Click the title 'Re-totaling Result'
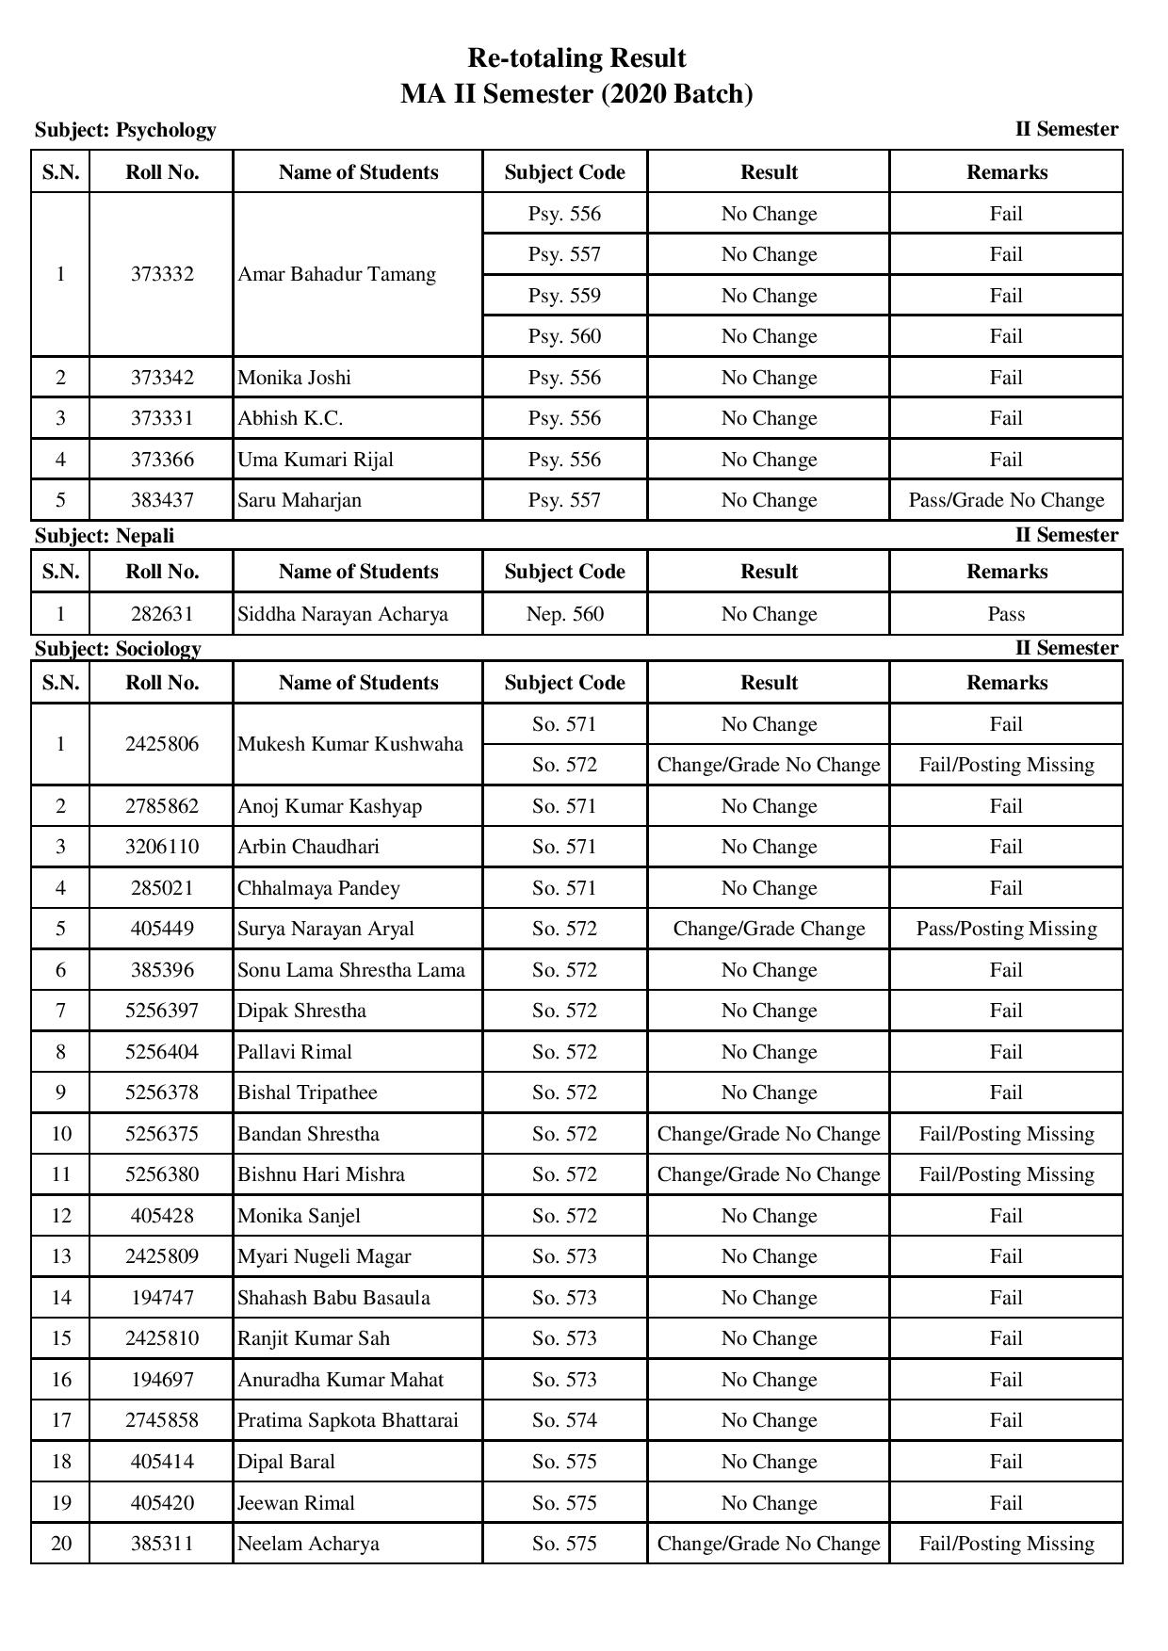pyautogui.click(x=576, y=58)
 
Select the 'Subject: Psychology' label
pyautogui.click(x=125, y=130)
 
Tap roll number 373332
pyautogui.click(x=162, y=274)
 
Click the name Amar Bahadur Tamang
pyautogui.click(x=336, y=274)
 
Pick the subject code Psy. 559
pyautogui.click(x=564, y=296)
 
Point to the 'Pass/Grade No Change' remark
pyautogui.click(x=1006, y=500)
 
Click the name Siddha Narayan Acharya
pyautogui.click(x=343, y=614)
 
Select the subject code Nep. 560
pyautogui.click(x=564, y=614)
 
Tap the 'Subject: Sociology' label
pyautogui.click(x=118, y=648)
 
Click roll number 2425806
pyautogui.click(x=162, y=744)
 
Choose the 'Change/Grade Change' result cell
pyautogui.click(x=769, y=929)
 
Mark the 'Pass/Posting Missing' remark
pyautogui.click(x=1006, y=929)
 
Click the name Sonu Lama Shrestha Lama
pyautogui.click(x=351, y=970)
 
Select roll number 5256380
pyautogui.click(x=162, y=1174)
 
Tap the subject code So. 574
pyautogui.click(x=564, y=1420)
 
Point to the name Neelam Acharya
pyautogui.click(x=308, y=1544)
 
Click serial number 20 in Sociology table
pyautogui.click(x=61, y=1544)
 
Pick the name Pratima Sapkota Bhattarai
pyautogui.click(x=348, y=1420)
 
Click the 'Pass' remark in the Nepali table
pyautogui.click(x=1006, y=614)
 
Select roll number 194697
pyautogui.click(x=162, y=1380)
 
